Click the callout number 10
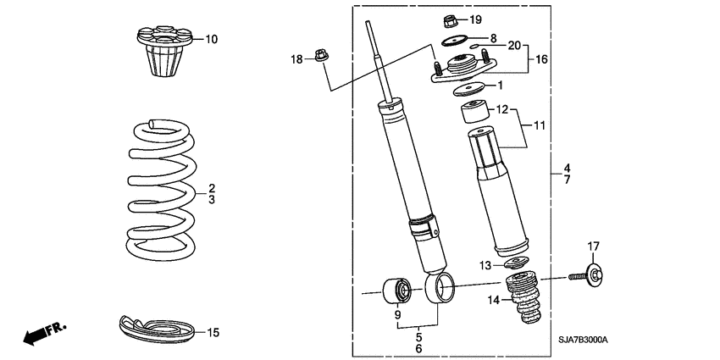[211, 39]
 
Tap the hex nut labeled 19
[451, 19]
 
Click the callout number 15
[213, 333]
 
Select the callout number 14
[493, 300]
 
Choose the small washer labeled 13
[516, 263]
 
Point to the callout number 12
[501, 110]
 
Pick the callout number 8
[493, 38]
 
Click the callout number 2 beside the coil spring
[212, 187]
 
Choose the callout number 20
[514, 45]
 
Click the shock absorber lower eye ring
[440, 288]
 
